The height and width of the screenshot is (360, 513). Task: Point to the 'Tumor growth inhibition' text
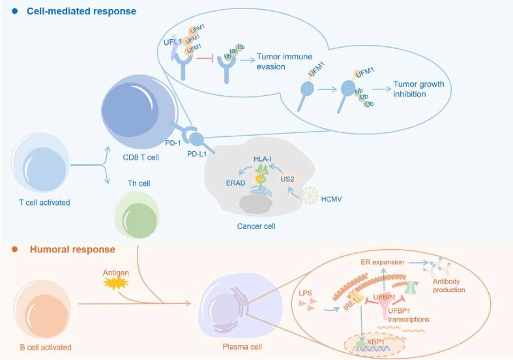pyautogui.click(x=418, y=89)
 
